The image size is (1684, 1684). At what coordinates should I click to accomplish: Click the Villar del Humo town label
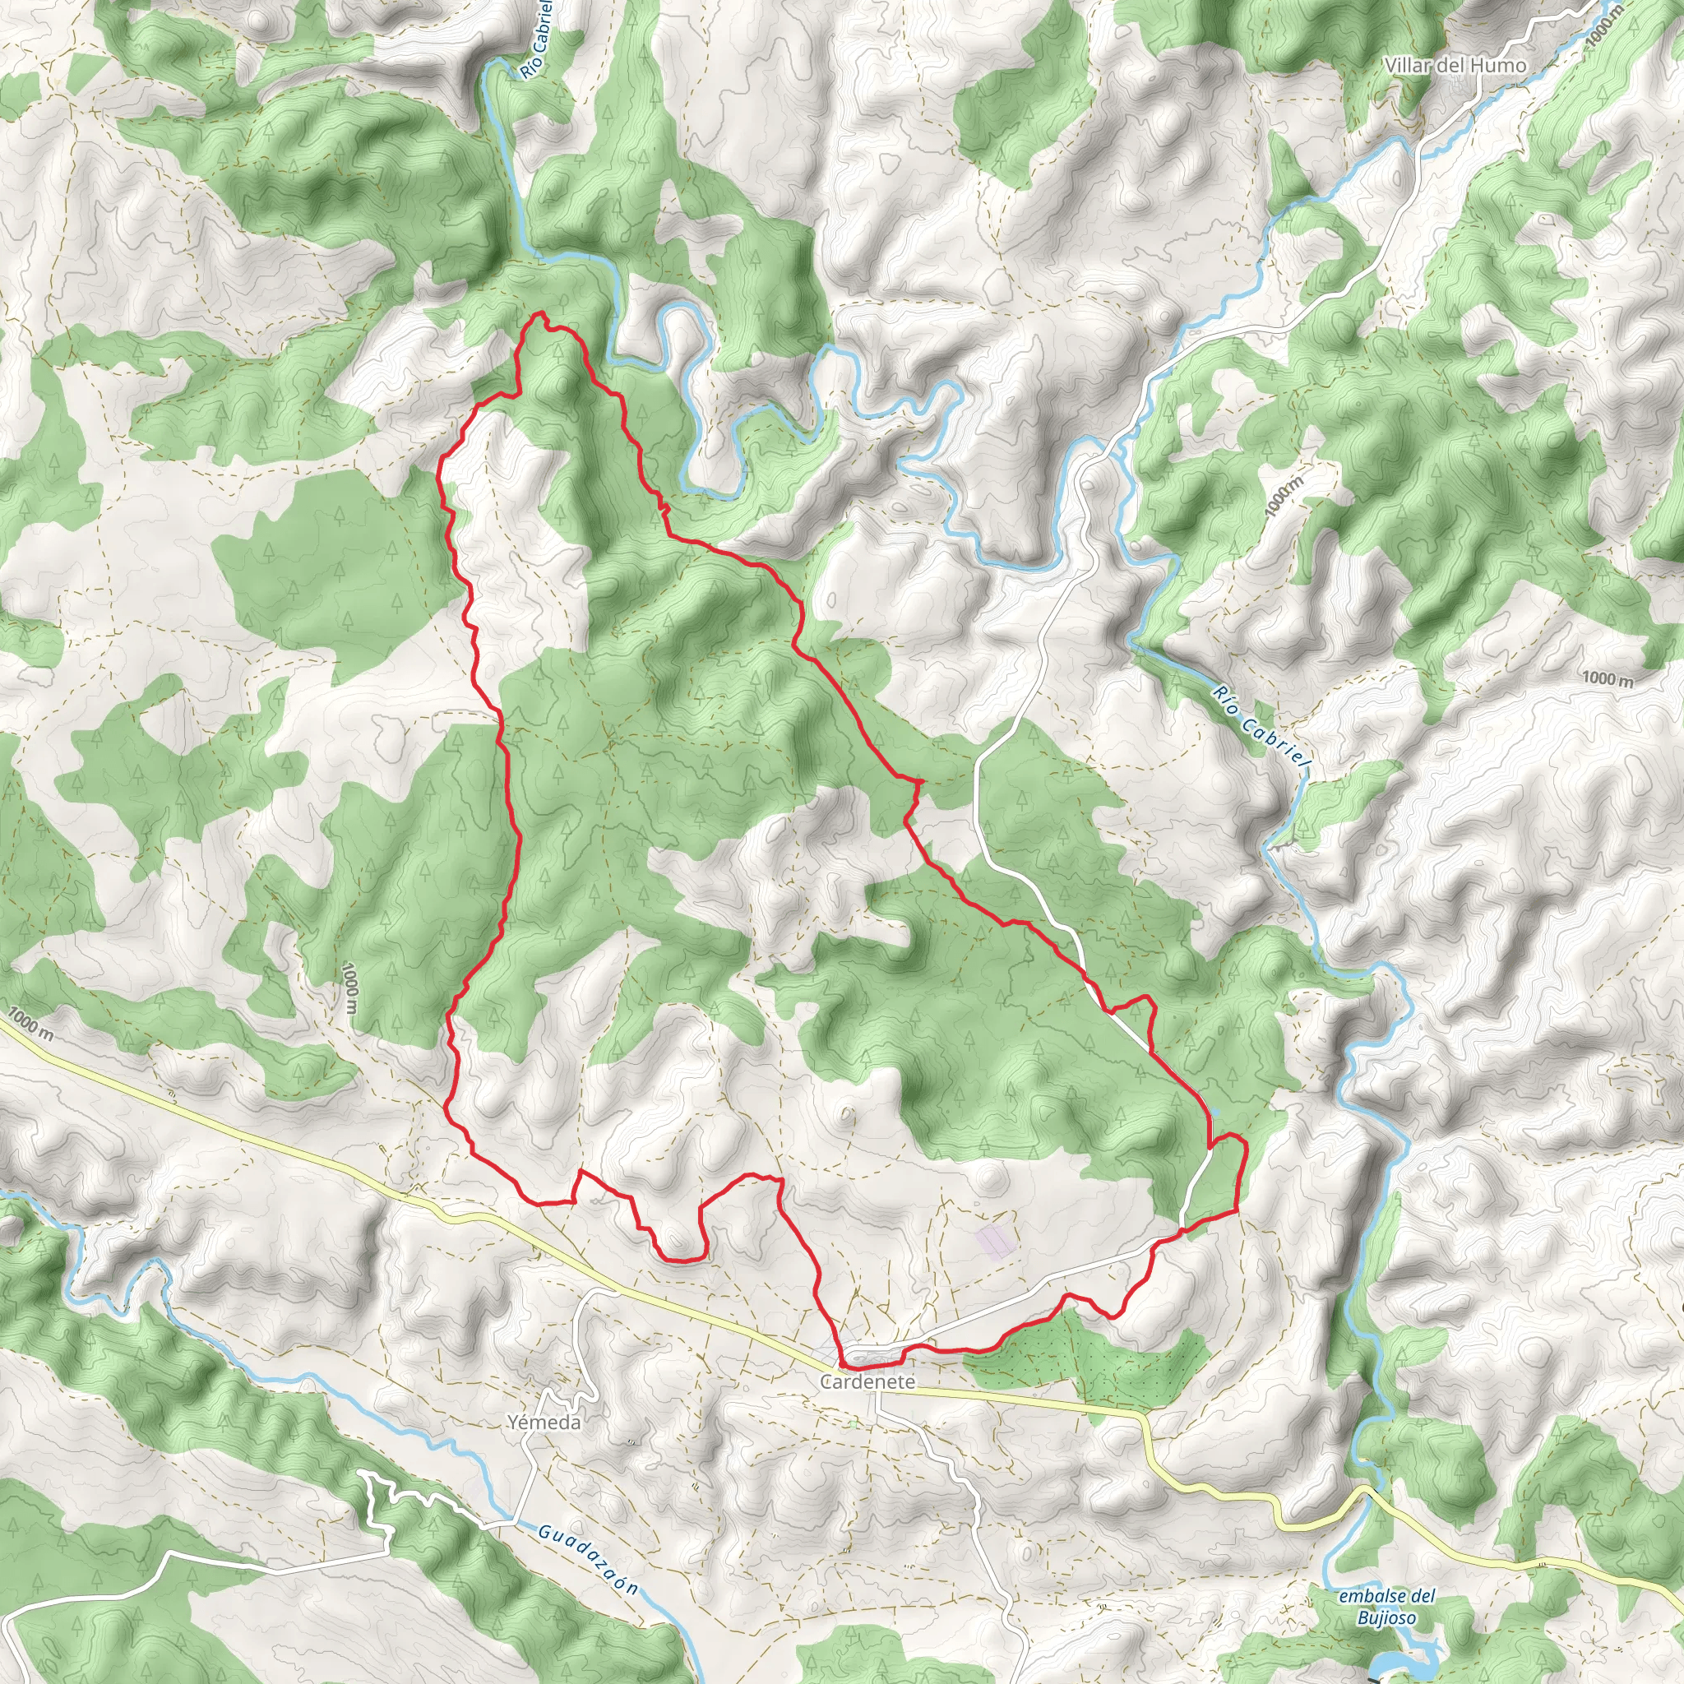pyautogui.click(x=1456, y=66)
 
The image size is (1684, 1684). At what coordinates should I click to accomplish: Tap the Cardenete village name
pyautogui.click(x=867, y=1382)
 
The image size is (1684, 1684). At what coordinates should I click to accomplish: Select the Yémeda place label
pyautogui.click(x=544, y=1423)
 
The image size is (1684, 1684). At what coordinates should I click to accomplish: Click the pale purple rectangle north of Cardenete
pyautogui.click(x=997, y=1239)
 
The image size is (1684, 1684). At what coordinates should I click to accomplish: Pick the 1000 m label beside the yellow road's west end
pyautogui.click(x=33, y=1026)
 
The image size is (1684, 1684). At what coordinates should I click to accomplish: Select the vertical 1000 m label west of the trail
pyautogui.click(x=349, y=989)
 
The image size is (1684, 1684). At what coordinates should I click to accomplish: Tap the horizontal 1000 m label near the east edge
pyautogui.click(x=1608, y=679)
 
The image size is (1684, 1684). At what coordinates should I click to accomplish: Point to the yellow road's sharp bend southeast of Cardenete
pyautogui.click(x=1145, y=1417)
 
